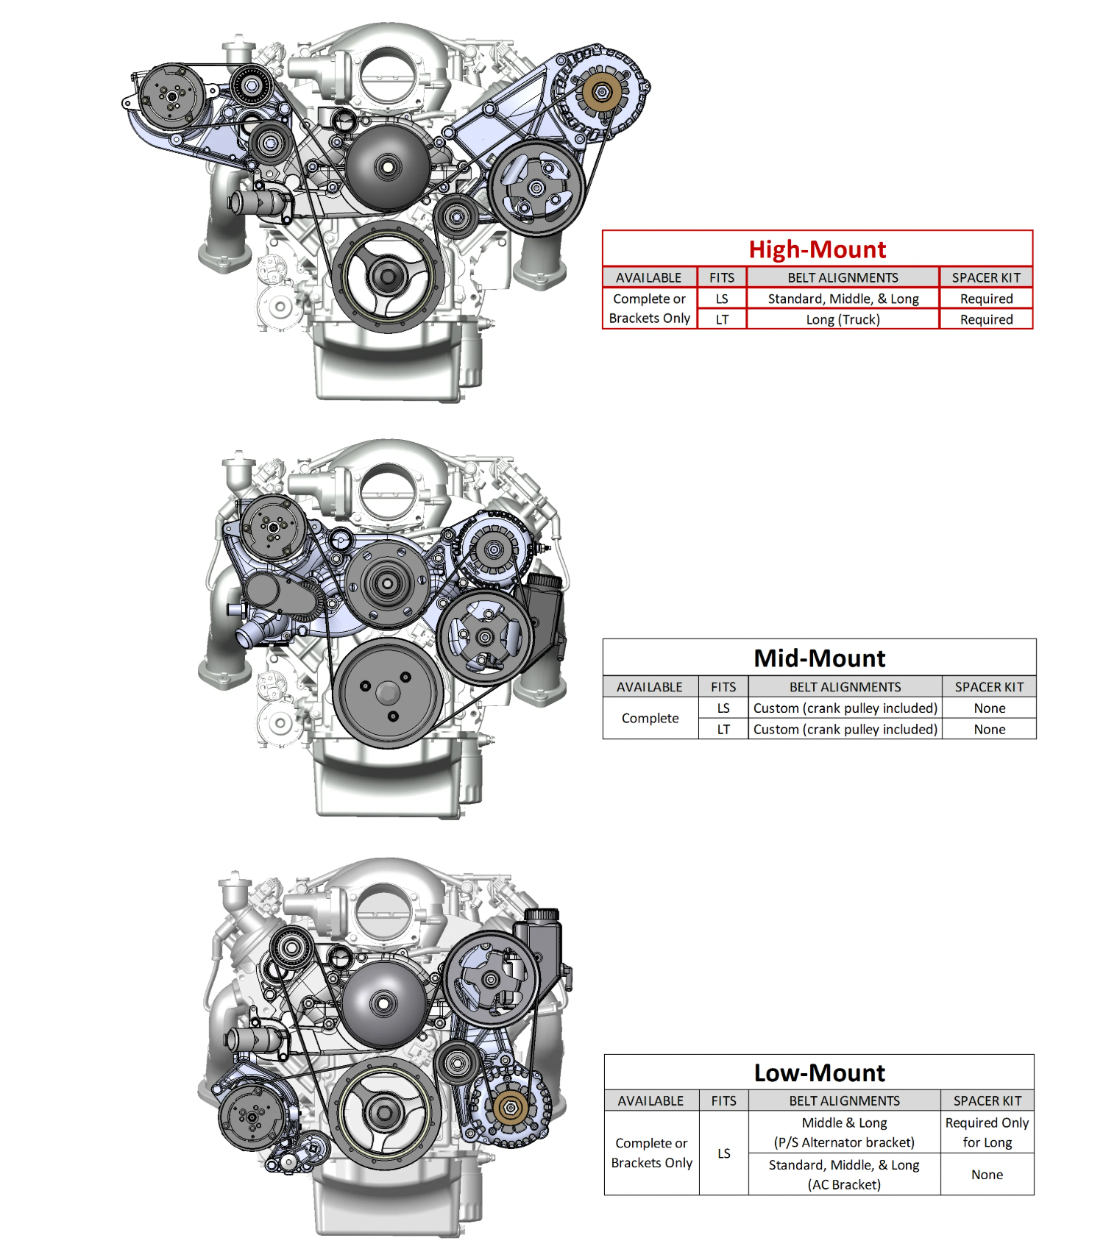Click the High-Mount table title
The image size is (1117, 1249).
818,249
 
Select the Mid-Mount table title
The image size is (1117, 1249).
820,658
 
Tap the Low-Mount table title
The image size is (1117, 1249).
820,1072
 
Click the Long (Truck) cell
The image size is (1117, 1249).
843,319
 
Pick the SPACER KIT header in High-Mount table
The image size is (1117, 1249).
986,277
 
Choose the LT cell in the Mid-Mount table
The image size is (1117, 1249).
723,729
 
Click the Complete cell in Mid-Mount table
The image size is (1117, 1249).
650,718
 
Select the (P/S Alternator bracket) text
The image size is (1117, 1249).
844,1142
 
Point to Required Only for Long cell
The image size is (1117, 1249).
987,1132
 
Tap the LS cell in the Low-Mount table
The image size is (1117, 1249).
724,1153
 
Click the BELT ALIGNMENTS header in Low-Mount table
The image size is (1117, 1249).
845,1100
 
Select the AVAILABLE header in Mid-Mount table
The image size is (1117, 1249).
650,687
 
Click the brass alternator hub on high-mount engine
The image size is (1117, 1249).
602,92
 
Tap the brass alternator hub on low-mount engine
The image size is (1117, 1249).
510,1106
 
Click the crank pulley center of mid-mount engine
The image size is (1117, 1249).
388,692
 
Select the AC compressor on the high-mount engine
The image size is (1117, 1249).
171,96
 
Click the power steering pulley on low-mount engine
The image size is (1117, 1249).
491,979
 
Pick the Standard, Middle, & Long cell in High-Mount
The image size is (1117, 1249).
843,299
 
